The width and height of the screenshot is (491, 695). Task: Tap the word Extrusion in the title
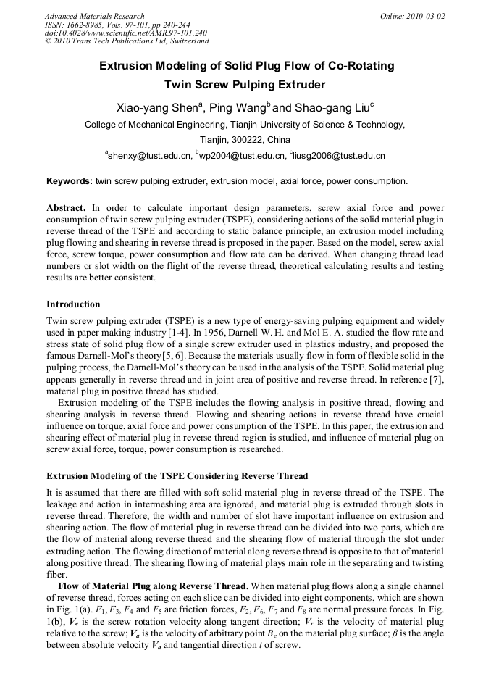pyautogui.click(x=127, y=66)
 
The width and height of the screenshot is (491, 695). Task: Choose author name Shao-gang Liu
pyautogui.click(x=331, y=109)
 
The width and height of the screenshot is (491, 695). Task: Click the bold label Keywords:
pyautogui.click(x=70, y=181)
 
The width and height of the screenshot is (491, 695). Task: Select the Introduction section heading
pyautogui.click(x=73, y=304)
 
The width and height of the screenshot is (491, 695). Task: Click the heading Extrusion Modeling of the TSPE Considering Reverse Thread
pyautogui.click(x=177, y=476)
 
